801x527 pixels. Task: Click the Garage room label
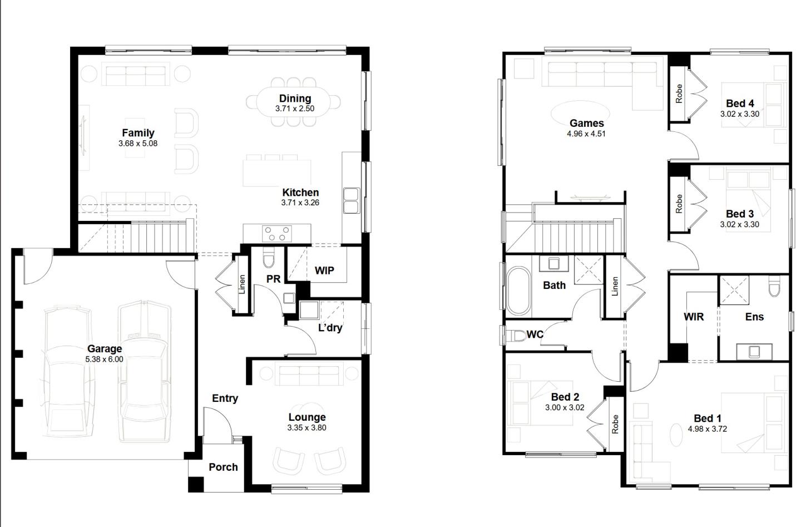(x=104, y=349)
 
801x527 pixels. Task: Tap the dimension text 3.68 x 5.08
(x=138, y=144)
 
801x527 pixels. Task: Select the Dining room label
(x=295, y=98)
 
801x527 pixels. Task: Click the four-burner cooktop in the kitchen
(x=276, y=233)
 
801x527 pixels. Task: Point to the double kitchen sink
(x=351, y=200)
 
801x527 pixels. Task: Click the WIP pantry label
(x=324, y=270)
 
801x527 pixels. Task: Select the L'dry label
(x=330, y=328)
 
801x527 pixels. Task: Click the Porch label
(x=223, y=467)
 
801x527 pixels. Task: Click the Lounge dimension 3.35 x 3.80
(x=306, y=428)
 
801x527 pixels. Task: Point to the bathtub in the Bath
(x=519, y=290)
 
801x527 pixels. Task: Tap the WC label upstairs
(x=535, y=334)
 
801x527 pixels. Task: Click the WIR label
(x=694, y=317)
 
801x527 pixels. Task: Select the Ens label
(x=754, y=317)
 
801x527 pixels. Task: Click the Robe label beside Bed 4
(x=679, y=93)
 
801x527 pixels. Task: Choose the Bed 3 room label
(x=740, y=214)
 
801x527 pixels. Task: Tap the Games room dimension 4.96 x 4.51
(x=586, y=134)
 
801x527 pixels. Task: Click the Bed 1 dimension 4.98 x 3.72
(x=707, y=429)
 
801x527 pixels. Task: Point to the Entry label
(x=225, y=398)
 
